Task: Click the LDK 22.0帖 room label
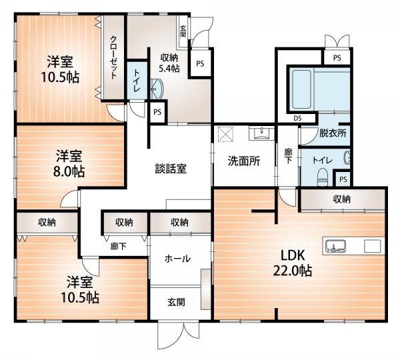click(x=293, y=263)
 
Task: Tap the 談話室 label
click(x=171, y=169)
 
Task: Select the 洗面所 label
click(x=243, y=161)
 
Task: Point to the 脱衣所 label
click(x=333, y=133)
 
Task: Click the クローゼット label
click(x=114, y=57)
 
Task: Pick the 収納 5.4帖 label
click(x=169, y=63)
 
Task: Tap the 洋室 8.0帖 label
click(x=69, y=164)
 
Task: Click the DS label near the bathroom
click(x=297, y=118)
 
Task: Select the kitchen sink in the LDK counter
click(x=335, y=246)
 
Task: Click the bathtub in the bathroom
click(x=301, y=89)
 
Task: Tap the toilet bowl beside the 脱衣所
click(x=323, y=177)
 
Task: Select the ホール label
click(x=177, y=259)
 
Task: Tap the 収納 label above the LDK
click(x=341, y=199)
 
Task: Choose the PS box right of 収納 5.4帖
click(x=200, y=63)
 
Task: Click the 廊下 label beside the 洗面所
click(x=288, y=156)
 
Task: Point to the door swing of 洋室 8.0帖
click(x=69, y=199)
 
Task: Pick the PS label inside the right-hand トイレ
click(x=343, y=179)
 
